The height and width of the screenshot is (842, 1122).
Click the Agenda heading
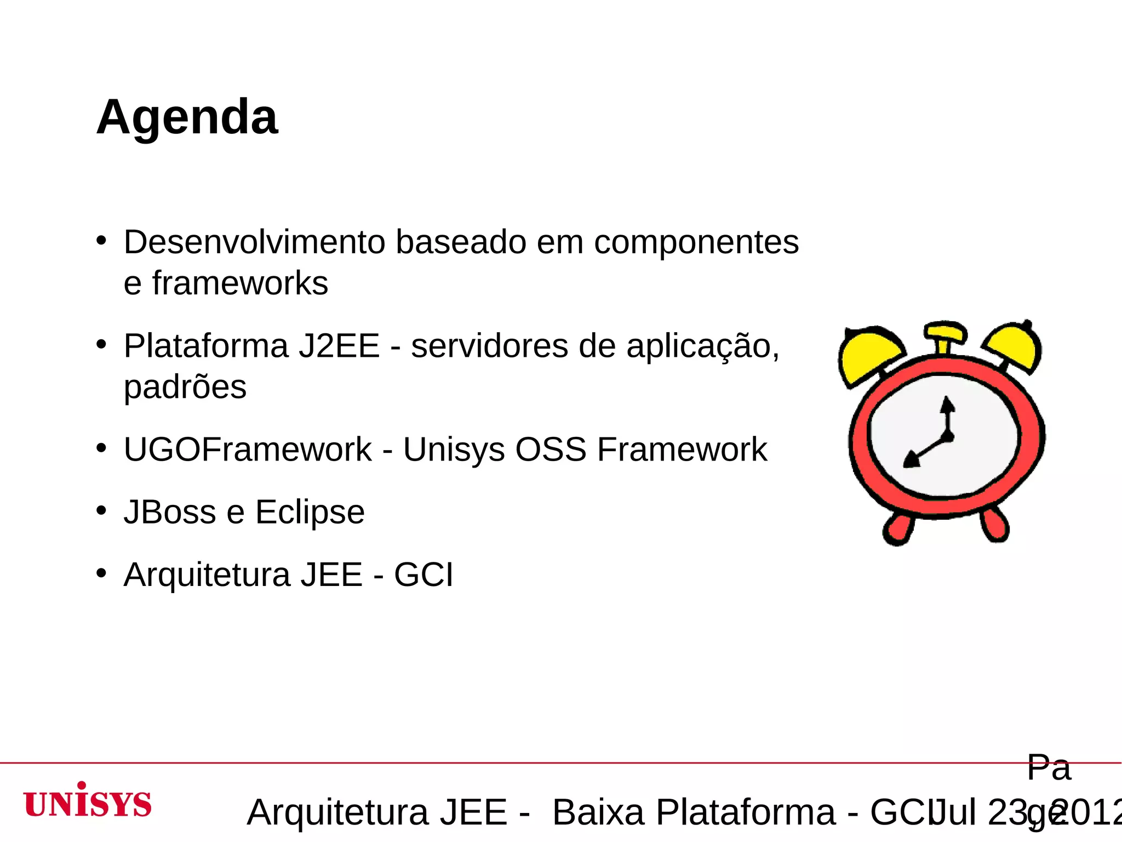pyautogui.click(x=187, y=117)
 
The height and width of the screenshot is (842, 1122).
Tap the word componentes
pyautogui.click(x=696, y=242)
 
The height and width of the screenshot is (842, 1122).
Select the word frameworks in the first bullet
pyautogui.click(x=239, y=283)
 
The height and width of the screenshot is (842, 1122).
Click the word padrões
pyautogui.click(x=185, y=388)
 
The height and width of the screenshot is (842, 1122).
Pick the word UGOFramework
pyautogui.click(x=248, y=450)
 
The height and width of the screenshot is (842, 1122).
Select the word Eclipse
pyautogui.click(x=310, y=513)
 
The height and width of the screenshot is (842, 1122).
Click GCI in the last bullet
pyautogui.click(x=423, y=575)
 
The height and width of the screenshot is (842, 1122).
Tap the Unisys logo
pyautogui.click(x=88, y=801)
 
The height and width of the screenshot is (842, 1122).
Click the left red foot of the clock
pyautogui.click(x=898, y=529)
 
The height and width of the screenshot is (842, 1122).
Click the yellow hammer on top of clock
pyautogui.click(x=944, y=332)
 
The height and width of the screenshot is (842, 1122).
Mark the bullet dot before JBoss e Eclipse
pyautogui.click(x=101, y=510)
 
